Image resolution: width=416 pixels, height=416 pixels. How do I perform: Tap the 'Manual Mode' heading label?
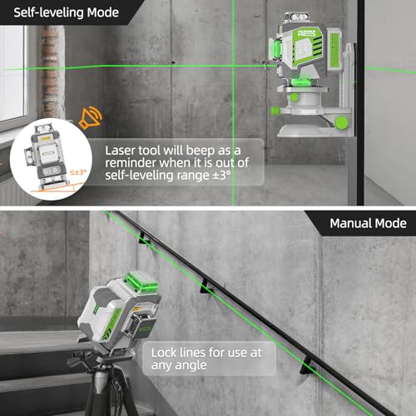pos(367,223)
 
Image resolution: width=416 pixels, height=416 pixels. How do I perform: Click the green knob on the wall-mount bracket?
pos(342,122)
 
